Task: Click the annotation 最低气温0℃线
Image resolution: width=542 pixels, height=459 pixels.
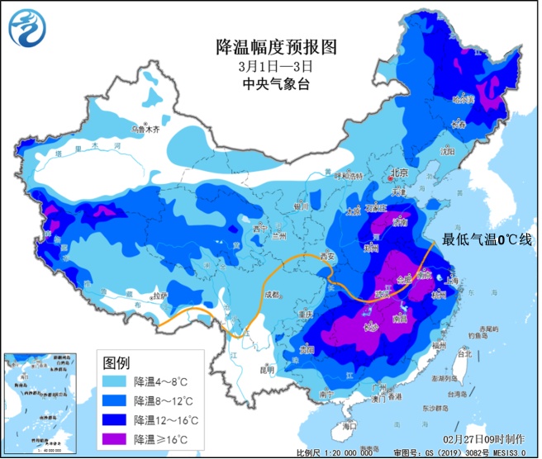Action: [487, 239]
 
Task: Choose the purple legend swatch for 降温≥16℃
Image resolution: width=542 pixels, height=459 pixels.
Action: [116, 438]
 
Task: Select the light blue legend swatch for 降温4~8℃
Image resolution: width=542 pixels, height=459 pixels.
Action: [116, 381]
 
